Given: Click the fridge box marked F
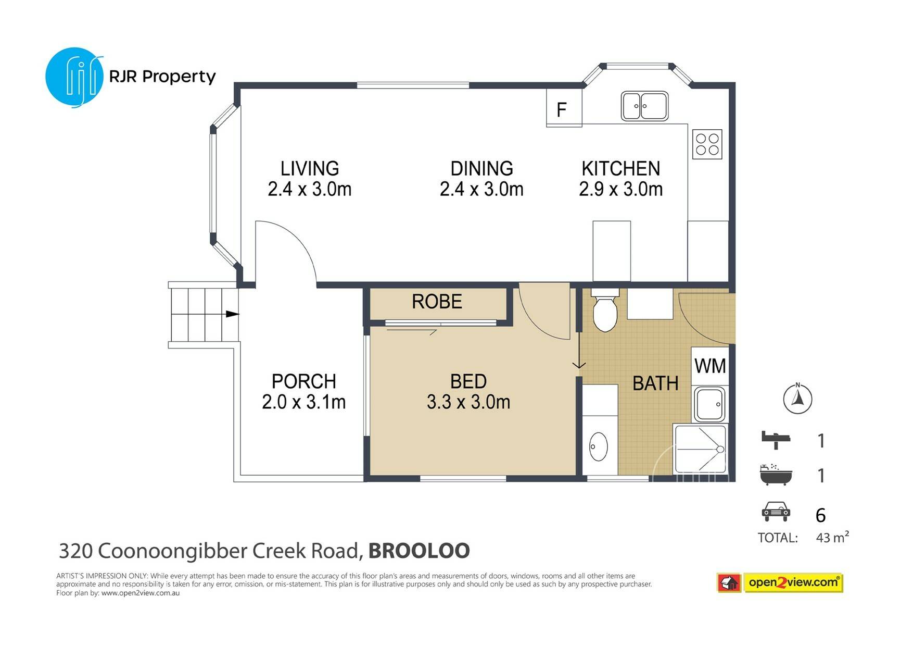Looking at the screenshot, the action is tap(564, 107).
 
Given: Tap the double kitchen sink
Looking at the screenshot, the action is tap(644, 106).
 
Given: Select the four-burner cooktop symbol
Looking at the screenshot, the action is tap(707, 144).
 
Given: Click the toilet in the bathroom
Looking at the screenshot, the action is tap(605, 309).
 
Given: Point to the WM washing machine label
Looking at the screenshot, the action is tap(710, 366).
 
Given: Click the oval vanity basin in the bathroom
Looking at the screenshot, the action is tap(599, 446).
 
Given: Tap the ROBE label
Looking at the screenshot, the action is tap(437, 302).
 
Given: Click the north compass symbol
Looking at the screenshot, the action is tap(797, 399).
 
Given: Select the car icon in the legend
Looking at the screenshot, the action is tap(776, 512).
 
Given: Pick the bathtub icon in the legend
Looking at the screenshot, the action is tap(776, 474).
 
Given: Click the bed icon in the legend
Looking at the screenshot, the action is tap(776, 440).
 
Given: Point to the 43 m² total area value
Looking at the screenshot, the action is tap(832, 537).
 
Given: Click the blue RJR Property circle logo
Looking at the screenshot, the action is tap(74, 78).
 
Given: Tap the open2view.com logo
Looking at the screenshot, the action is tap(780, 583).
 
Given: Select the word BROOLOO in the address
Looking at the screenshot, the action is tap(419, 551).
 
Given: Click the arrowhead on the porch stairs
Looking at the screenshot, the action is tap(233, 314).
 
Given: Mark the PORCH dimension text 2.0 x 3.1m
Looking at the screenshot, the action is tap(304, 402).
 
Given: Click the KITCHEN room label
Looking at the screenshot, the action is tap(621, 169).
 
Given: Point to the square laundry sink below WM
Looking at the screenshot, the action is tap(710, 404).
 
